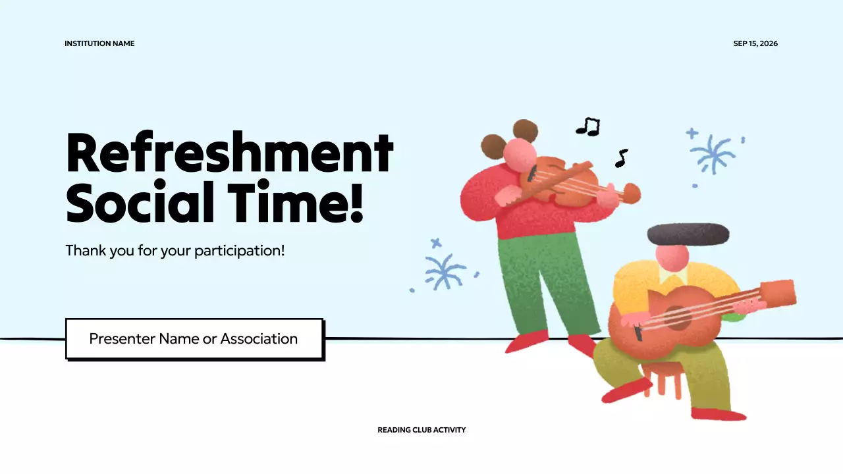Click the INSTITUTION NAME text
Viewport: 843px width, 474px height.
(99, 43)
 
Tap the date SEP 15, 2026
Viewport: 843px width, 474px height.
(755, 43)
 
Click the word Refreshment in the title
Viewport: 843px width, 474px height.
(229, 153)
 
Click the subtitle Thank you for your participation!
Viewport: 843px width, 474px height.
(175, 251)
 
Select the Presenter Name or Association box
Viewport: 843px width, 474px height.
(194, 339)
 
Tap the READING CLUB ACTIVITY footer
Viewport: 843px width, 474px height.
(421, 430)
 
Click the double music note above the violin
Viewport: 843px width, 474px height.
(589, 126)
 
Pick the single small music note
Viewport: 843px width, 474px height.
(620, 158)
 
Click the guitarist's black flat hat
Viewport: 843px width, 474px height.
(688, 234)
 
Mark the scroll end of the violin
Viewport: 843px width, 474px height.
(632, 193)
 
